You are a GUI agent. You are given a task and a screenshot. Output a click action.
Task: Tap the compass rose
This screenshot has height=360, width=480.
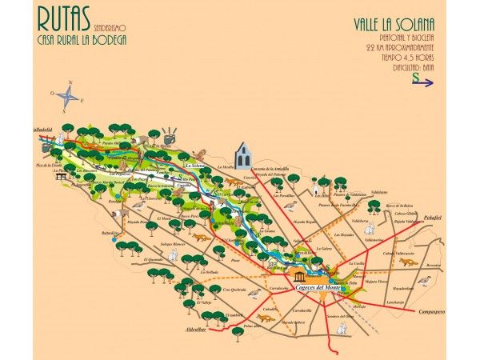(70, 97)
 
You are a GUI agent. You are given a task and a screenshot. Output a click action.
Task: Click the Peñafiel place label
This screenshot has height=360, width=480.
(433, 217)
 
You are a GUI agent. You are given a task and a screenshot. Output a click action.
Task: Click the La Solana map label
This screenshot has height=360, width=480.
(196, 165)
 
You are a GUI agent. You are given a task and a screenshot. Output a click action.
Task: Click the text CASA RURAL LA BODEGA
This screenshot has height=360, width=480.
(82, 39)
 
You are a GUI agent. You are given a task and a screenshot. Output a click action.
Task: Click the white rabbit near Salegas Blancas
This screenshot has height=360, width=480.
(173, 255)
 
